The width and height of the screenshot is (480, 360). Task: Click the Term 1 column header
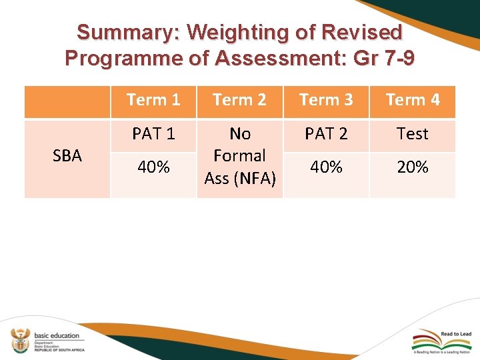pos(153,100)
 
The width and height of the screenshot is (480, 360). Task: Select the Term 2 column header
pos(239,100)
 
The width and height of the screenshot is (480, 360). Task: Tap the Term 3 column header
pos(326,100)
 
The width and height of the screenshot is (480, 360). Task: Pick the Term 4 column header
pos(413,100)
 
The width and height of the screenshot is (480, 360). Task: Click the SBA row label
pos(67,156)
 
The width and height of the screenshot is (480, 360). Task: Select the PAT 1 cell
pos(153,134)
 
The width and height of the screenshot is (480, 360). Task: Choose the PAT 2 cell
pos(326,134)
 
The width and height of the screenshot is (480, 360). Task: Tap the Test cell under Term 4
pos(413,134)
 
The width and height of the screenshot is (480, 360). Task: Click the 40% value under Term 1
pos(153,167)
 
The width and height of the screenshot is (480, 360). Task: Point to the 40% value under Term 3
pos(326,167)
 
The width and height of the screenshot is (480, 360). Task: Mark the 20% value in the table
pos(413,167)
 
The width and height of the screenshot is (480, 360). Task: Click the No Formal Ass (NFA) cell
pos(239,156)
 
